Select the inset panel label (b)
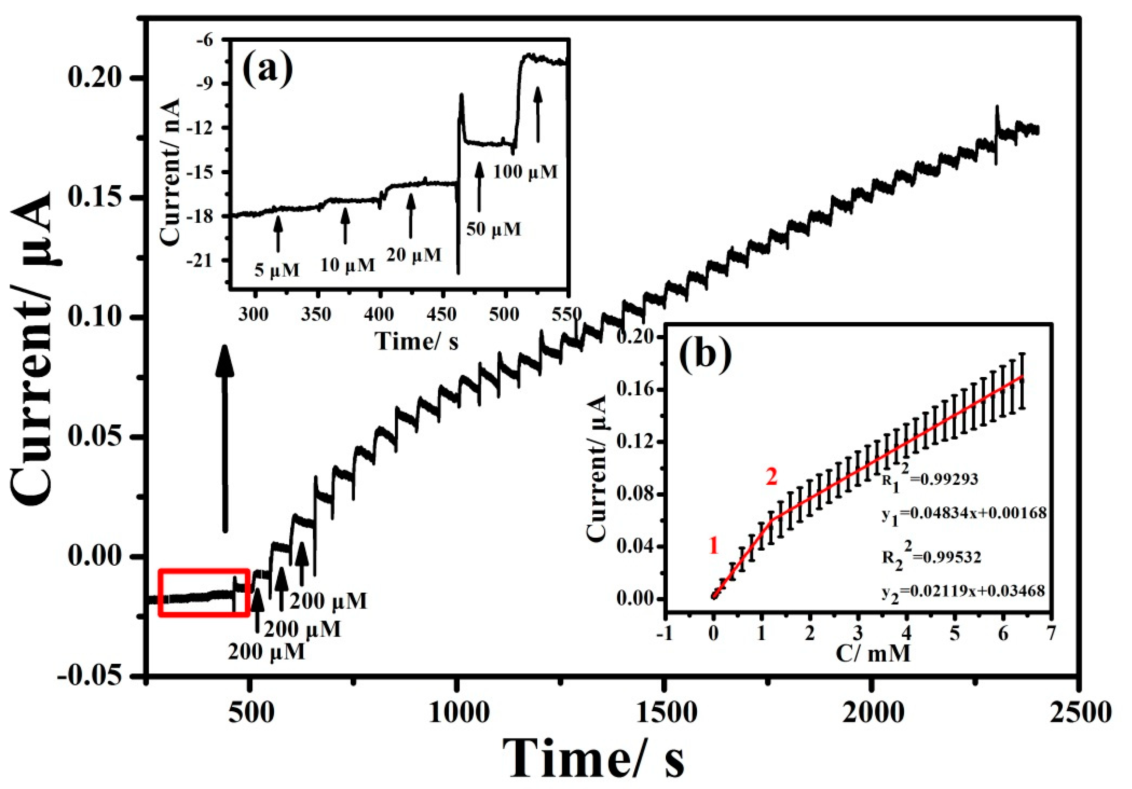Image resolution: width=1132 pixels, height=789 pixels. [x=705, y=355]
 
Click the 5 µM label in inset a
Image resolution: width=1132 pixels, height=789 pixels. [x=277, y=270]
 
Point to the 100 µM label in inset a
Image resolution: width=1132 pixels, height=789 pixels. [x=526, y=172]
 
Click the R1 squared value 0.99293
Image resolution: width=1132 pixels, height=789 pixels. [x=930, y=480]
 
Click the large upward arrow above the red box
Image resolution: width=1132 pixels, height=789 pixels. [x=225, y=439]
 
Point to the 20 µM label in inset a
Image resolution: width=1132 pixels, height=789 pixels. [x=413, y=255]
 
